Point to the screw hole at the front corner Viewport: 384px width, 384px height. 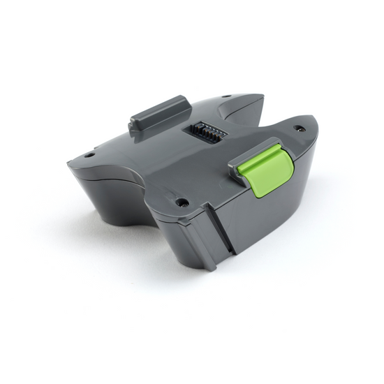[x=182, y=202]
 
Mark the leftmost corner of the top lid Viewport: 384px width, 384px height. [x=68, y=163]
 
